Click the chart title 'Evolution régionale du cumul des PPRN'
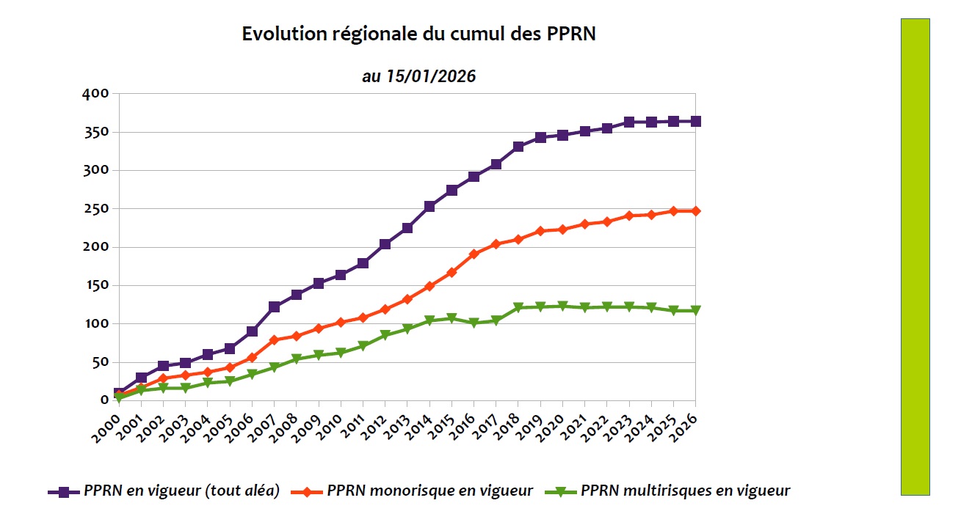pos(418,34)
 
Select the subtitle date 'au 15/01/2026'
pos(418,76)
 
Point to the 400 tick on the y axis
pos(97,94)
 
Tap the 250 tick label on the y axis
pos(97,209)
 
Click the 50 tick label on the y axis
pos(100,362)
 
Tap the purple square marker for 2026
pos(695,122)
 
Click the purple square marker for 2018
pos(518,147)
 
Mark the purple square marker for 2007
pos(275,306)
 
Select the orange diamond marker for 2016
pos(474,254)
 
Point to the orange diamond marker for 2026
pos(695,211)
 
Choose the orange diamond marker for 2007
pos(275,339)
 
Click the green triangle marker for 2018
pos(518,308)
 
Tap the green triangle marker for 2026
pos(695,311)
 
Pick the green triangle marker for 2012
pos(385,335)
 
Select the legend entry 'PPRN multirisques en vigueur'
pos(685,491)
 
